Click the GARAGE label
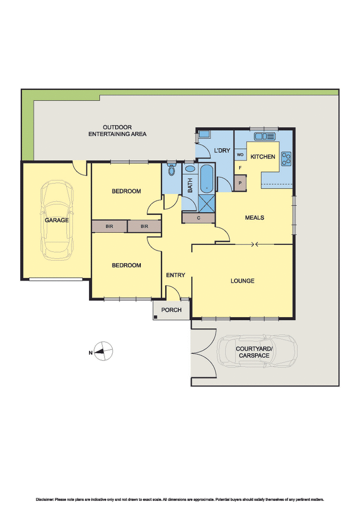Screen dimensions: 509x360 point(56,221)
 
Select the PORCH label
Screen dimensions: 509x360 point(171,310)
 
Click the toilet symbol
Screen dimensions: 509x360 point(171,171)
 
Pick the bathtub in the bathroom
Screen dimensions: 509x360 point(207,178)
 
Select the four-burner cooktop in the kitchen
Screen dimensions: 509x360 point(286,158)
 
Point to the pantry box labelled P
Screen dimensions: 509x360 point(240,183)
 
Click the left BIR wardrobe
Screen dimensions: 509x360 point(109,226)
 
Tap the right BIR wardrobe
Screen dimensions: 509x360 point(144,226)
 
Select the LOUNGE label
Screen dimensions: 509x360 point(243,281)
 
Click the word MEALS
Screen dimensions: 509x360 point(254,218)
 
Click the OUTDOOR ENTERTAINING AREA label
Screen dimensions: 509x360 point(117,131)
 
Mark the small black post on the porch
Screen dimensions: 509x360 point(155,317)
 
